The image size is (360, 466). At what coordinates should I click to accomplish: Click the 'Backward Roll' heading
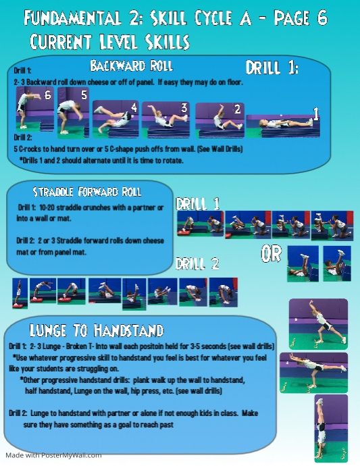pyautogui.click(x=132, y=66)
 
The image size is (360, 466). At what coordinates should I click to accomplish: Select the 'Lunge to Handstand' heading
pyautogui.click(x=97, y=330)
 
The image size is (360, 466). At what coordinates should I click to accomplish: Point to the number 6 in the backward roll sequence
pyautogui.click(x=47, y=95)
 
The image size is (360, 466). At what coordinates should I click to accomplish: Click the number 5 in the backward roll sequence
pyautogui.click(x=84, y=95)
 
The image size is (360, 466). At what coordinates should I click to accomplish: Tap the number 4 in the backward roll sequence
pyautogui.click(x=134, y=107)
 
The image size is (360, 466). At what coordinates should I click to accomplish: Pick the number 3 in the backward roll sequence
pyautogui.click(x=183, y=107)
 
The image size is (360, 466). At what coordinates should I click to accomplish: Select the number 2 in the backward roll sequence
pyautogui.click(x=237, y=109)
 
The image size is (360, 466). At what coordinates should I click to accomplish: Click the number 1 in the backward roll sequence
pyautogui.click(x=315, y=113)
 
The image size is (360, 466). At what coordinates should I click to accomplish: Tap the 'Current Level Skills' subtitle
pyautogui.click(x=109, y=43)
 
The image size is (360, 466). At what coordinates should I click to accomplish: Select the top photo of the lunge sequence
pyautogui.click(x=317, y=322)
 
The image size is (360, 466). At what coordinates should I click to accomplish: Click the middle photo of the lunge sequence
pyautogui.click(x=317, y=371)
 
